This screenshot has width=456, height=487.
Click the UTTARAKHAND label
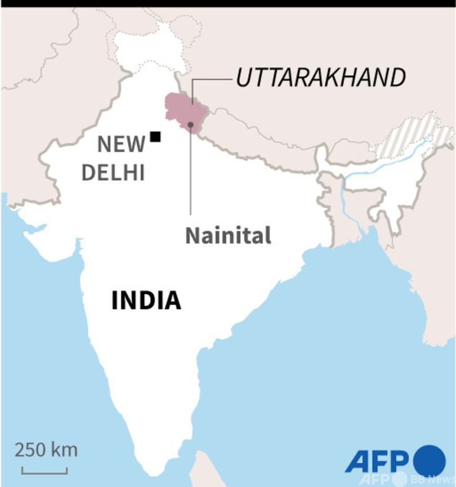(320, 78)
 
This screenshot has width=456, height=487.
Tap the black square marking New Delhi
(155, 136)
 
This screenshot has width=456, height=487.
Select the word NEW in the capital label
(121, 145)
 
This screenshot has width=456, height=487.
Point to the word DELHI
(113, 172)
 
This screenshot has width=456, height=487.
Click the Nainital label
(228, 235)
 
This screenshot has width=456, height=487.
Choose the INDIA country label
(146, 300)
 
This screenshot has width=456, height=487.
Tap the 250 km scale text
(46, 450)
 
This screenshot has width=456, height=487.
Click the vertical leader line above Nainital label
(191, 174)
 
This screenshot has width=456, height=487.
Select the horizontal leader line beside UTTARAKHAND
(211, 80)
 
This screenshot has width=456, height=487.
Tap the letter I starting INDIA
(115, 300)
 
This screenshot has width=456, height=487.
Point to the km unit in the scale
(65, 450)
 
